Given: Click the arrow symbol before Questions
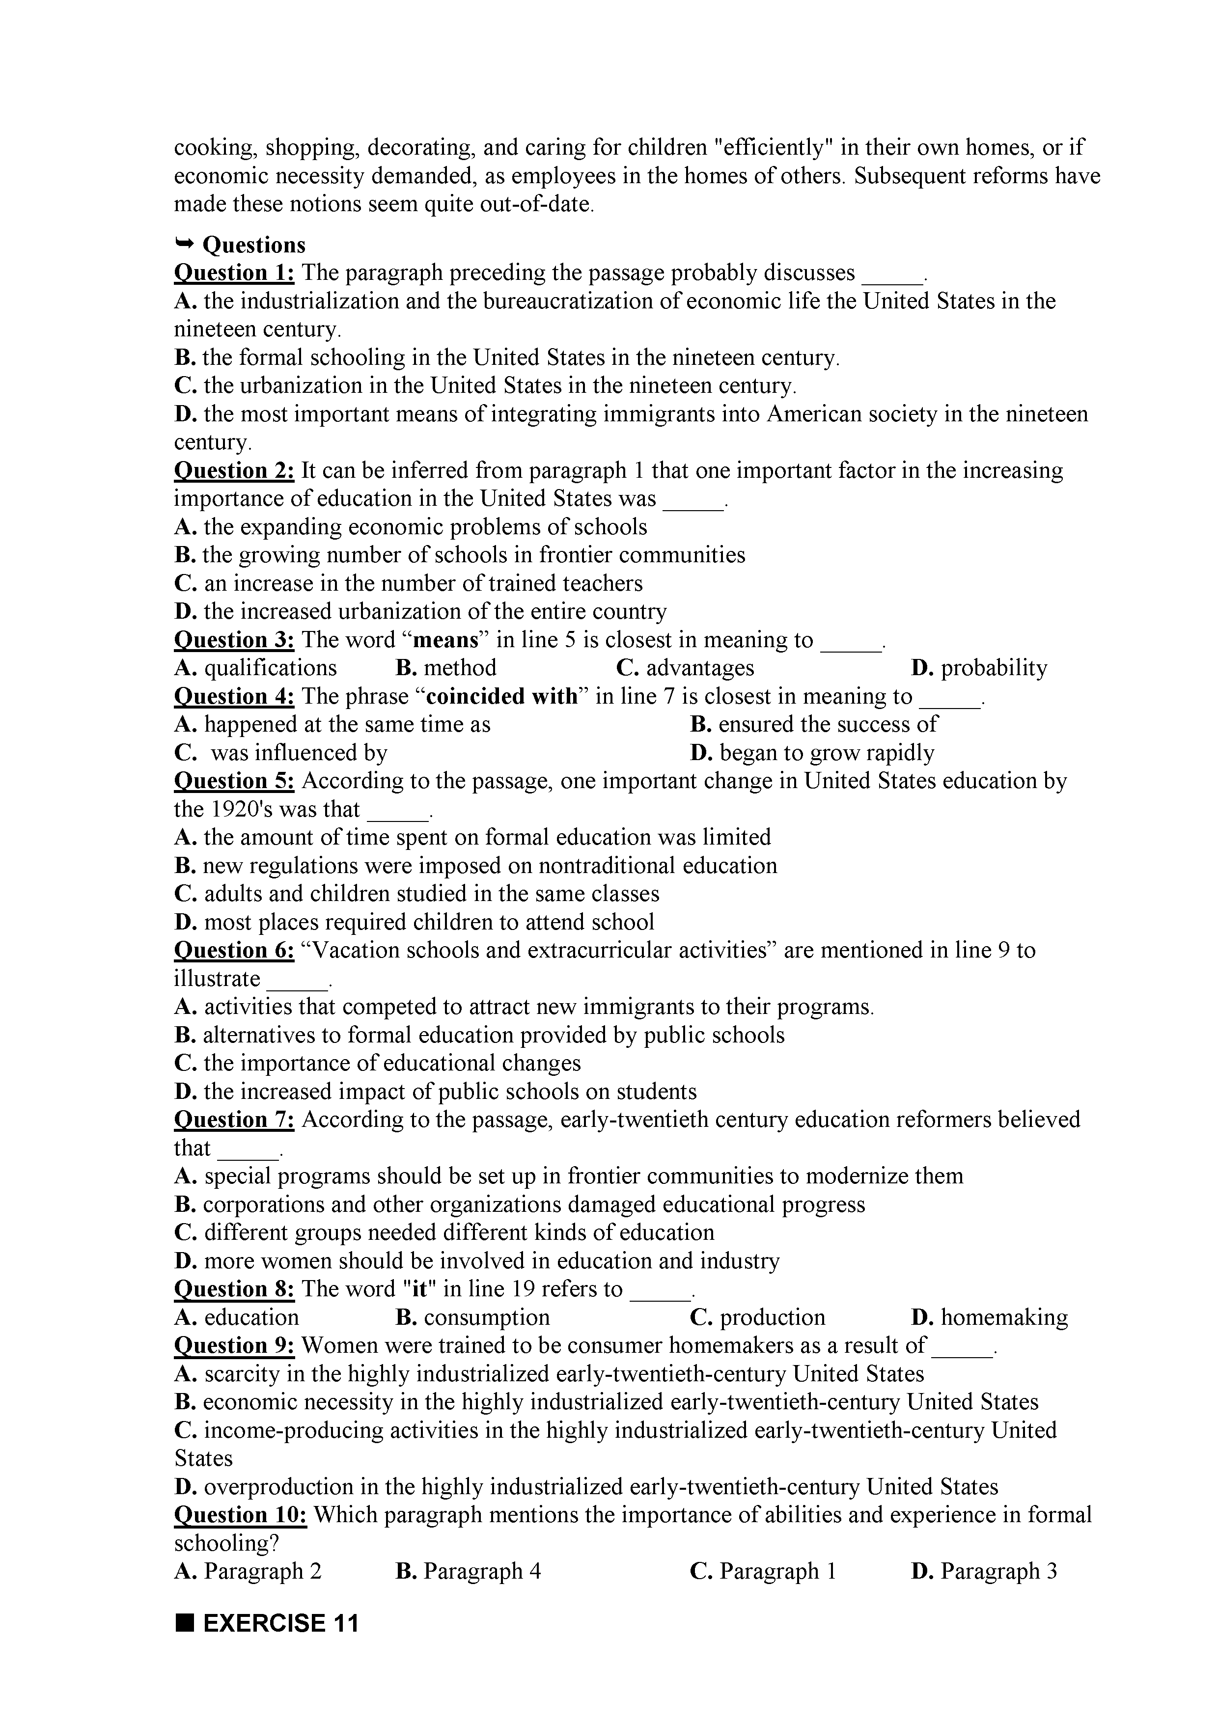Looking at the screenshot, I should pyautogui.click(x=185, y=243).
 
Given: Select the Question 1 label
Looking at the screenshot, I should pyautogui.click(x=234, y=273).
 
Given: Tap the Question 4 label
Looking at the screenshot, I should pyautogui.click(x=234, y=697).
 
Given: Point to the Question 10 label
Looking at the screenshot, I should pyautogui.click(x=241, y=1515).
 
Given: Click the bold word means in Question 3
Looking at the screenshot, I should pyautogui.click(x=446, y=640).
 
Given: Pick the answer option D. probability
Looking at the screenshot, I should pyautogui.click(x=979, y=668).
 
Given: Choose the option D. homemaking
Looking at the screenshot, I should pyautogui.click(x=989, y=1318).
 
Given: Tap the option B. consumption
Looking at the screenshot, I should pyautogui.click(x=472, y=1318).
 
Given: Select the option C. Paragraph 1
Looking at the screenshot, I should pyautogui.click(x=763, y=1571).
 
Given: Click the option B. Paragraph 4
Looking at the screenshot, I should pyautogui.click(x=468, y=1571).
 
